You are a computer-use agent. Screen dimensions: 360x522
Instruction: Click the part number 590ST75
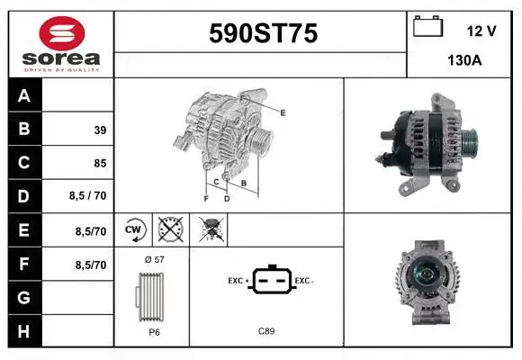click(263, 34)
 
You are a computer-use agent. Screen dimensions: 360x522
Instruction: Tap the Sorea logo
click(61, 43)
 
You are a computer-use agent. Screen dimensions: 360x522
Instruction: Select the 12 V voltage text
click(481, 31)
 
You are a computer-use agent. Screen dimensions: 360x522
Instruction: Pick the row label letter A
click(24, 96)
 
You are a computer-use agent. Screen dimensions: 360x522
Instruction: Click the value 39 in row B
click(100, 130)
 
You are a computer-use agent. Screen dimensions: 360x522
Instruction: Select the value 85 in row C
click(100, 164)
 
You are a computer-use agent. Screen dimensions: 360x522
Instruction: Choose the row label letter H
click(24, 331)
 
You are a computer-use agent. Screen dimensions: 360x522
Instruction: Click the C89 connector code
click(266, 331)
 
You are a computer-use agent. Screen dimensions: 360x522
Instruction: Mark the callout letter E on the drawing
click(283, 112)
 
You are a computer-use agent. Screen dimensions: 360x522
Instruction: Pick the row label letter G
click(24, 298)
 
